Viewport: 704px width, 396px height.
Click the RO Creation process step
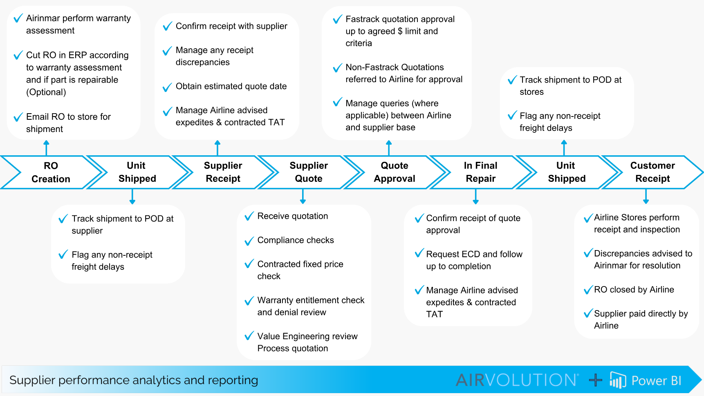tap(51, 172)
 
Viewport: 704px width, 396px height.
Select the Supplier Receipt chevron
tap(223, 172)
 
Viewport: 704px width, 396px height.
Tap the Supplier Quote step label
tap(309, 172)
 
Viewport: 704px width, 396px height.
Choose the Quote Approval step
tap(395, 172)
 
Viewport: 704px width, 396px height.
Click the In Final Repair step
tap(480, 172)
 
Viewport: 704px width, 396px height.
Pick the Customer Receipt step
tap(652, 172)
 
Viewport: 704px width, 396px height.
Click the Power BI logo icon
tap(618, 380)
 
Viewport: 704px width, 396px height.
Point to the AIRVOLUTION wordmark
tap(517, 380)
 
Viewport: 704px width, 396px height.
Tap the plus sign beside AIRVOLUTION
tap(596, 380)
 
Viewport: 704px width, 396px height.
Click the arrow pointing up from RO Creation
tap(46, 147)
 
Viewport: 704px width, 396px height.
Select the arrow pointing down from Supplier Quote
tap(303, 197)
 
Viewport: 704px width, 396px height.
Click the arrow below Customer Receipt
tap(646, 197)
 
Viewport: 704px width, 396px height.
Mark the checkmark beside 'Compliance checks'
tap(249, 241)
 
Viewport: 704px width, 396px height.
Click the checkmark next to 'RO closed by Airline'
tap(588, 290)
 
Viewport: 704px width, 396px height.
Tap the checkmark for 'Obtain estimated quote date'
tap(167, 87)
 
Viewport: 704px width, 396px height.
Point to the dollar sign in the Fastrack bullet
tap(400, 31)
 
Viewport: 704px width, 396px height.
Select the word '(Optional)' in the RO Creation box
tap(46, 92)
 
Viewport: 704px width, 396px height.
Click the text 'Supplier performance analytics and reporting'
tap(134, 380)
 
